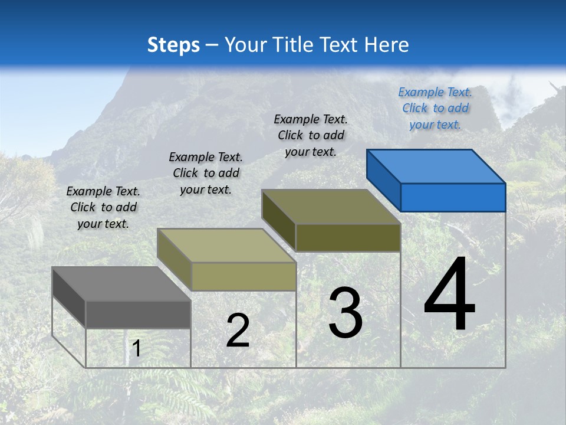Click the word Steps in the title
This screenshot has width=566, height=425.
click(x=173, y=45)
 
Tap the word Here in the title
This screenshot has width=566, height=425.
click(x=386, y=45)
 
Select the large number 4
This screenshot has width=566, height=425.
click(x=449, y=295)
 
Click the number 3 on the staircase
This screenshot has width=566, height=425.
click(x=345, y=313)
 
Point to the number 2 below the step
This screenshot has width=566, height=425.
click(x=238, y=331)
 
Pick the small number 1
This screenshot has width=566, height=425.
click(x=136, y=349)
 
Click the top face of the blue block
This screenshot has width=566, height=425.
click(x=436, y=166)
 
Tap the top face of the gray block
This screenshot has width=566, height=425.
click(x=121, y=283)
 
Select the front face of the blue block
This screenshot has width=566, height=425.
click(x=453, y=197)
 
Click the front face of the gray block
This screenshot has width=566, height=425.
click(x=138, y=315)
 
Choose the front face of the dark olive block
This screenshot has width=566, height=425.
click(x=348, y=237)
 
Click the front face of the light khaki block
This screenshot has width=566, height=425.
click(x=243, y=276)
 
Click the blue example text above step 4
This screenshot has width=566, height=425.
click(x=435, y=108)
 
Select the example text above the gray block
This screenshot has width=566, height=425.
click(x=103, y=207)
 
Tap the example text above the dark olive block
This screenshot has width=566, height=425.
click(x=311, y=135)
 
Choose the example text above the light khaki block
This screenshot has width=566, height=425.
click(x=206, y=173)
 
